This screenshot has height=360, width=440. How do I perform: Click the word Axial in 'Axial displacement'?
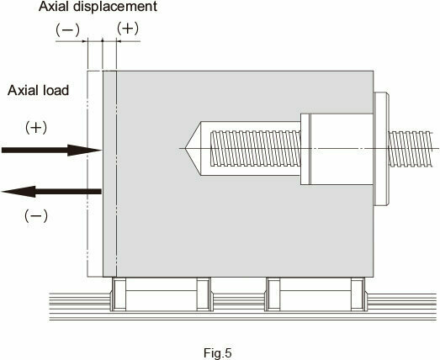[54, 7]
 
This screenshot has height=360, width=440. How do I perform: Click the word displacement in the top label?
[115, 7]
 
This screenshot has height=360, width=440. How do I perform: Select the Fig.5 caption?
[218, 352]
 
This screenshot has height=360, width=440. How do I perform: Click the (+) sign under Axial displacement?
[128, 29]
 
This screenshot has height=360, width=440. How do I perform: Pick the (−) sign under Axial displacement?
[67, 30]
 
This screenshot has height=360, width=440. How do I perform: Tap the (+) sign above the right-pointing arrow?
[36, 128]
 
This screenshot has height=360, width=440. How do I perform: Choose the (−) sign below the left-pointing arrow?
[36, 216]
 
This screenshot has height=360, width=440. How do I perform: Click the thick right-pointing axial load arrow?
[51, 150]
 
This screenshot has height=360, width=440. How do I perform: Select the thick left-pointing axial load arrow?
[51, 192]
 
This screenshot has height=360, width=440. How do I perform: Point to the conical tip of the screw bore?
[186, 148]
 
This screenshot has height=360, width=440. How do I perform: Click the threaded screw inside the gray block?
[256, 148]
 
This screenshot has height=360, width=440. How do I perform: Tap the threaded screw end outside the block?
[411, 148]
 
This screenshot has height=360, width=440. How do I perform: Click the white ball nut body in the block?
[337, 149]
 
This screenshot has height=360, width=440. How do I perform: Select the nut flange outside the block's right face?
[381, 149]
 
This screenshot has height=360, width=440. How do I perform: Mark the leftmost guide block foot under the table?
[119, 294]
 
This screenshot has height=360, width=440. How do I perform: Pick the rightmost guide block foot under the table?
[358, 294]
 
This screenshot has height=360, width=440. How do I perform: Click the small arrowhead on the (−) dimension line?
[85, 41]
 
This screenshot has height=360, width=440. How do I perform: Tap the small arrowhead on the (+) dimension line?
[119, 41]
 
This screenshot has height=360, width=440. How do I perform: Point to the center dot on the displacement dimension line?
[102, 41]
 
